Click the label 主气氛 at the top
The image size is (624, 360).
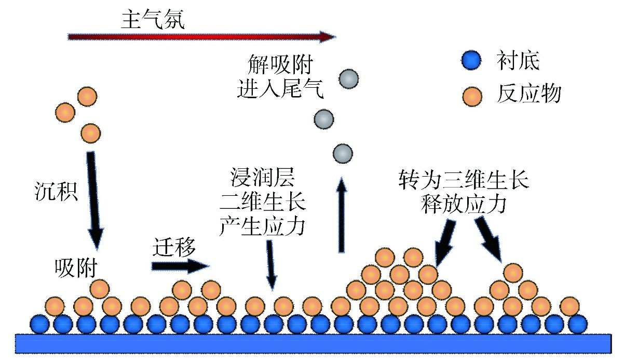(153, 19)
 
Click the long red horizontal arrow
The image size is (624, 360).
(201, 37)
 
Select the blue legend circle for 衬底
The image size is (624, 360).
(472, 61)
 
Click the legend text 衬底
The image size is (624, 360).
(518, 61)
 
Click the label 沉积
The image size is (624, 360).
(53, 192)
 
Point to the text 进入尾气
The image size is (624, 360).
(280, 90)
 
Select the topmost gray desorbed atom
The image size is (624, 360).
(349, 79)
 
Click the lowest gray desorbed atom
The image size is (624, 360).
(343, 154)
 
